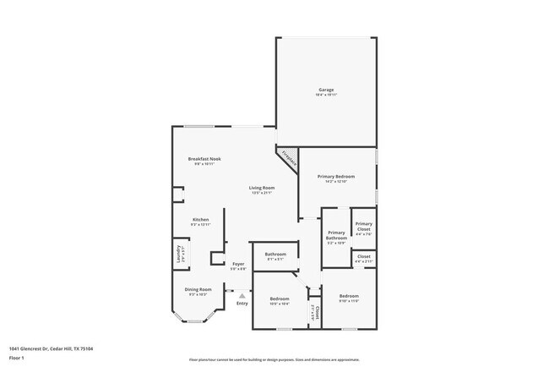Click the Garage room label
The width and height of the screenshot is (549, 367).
pyautogui.click(x=326, y=90)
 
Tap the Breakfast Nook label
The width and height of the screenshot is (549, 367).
pyautogui.click(x=204, y=160)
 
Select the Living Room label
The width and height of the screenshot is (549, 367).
pyautogui.click(x=261, y=189)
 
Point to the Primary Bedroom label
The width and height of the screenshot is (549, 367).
pyautogui.click(x=336, y=177)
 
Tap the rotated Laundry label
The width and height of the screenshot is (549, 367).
pyautogui.click(x=178, y=254)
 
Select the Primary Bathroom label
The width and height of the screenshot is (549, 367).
pyautogui.click(x=336, y=236)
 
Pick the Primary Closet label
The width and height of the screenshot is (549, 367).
pyautogui.click(x=363, y=227)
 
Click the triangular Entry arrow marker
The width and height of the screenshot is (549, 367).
pyautogui.click(x=242, y=295)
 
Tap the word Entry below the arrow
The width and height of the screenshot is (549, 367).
pyautogui.click(x=242, y=304)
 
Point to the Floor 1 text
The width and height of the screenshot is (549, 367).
pyautogui.click(x=16, y=358)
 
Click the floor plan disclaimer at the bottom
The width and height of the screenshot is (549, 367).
pyautogui.click(x=274, y=359)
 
